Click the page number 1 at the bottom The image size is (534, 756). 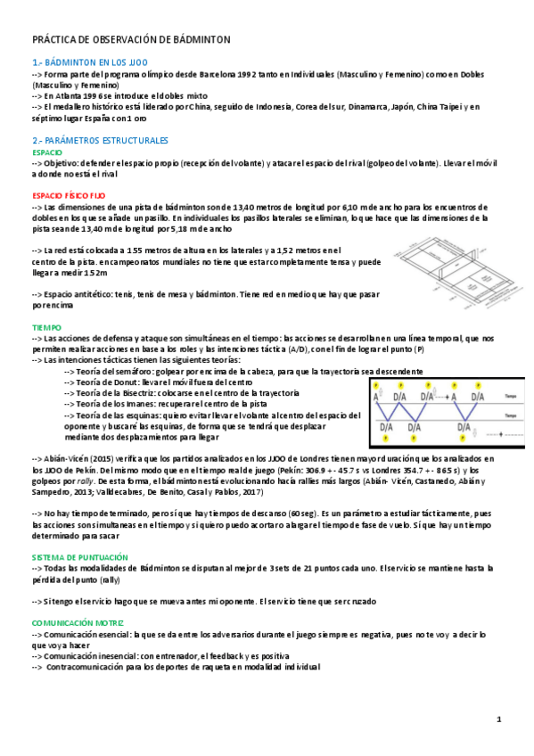500,719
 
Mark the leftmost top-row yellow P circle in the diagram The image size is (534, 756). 376,386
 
